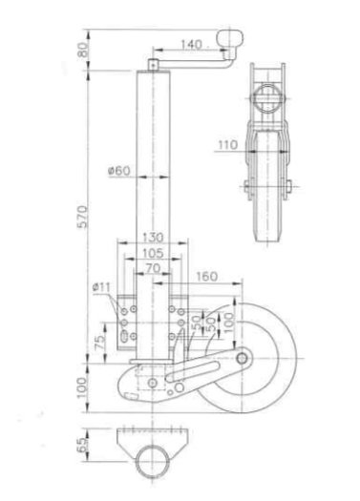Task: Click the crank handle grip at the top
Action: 230,37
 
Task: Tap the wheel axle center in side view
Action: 243,358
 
